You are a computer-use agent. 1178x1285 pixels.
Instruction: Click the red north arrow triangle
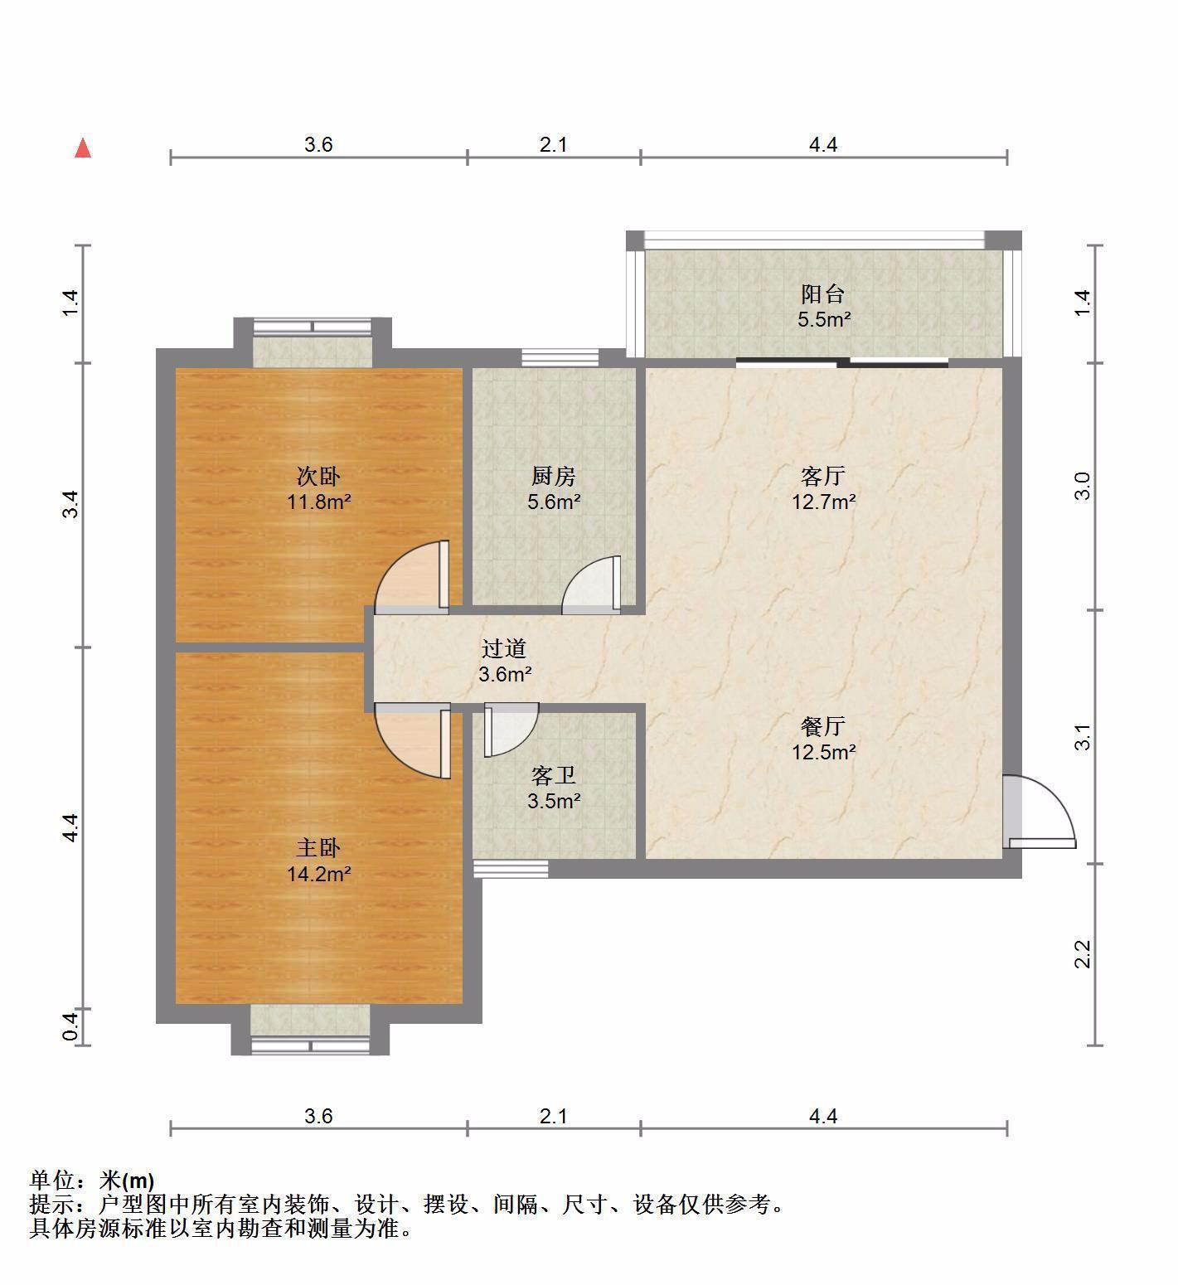[83, 148]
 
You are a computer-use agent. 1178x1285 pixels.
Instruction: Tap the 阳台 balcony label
[823, 294]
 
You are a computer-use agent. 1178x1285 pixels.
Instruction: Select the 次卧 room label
[319, 477]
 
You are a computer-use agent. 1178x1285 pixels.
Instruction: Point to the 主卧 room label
[319, 848]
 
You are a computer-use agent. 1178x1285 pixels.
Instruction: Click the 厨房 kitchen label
[554, 477]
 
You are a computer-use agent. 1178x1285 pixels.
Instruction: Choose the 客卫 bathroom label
[554, 776]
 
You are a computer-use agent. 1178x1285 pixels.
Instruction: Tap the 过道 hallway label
[504, 649]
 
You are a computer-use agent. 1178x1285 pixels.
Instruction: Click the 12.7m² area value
[823, 502]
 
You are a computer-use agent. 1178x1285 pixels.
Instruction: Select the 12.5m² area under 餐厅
[823, 752]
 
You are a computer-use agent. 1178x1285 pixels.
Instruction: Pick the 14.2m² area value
[319, 874]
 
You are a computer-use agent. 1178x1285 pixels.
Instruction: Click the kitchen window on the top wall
[560, 357]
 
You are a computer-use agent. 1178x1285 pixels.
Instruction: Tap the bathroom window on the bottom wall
[511, 869]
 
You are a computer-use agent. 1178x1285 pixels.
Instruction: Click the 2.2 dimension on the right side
[1083, 954]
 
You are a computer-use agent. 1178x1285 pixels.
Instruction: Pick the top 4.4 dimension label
[823, 145]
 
